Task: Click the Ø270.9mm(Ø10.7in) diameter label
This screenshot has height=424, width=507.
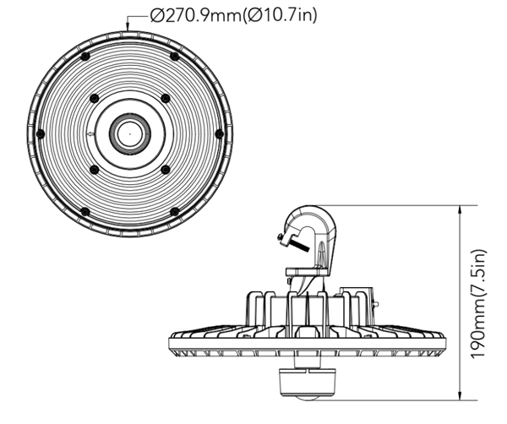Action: point(234,15)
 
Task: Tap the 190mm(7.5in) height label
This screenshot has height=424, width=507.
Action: point(478,303)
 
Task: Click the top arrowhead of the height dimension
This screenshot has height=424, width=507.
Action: point(461,209)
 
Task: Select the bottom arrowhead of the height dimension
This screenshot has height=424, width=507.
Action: point(461,395)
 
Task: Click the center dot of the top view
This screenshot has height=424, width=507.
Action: point(129,133)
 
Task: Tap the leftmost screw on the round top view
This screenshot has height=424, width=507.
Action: point(41,133)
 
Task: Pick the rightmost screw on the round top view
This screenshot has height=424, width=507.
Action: point(219,133)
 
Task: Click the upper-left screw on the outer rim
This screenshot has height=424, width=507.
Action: point(85,57)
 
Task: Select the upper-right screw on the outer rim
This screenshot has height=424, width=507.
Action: point(175,57)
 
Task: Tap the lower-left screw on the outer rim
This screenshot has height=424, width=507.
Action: point(85,212)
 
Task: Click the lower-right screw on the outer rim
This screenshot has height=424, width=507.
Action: point(175,212)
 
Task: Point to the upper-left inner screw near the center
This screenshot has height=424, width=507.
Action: point(94,98)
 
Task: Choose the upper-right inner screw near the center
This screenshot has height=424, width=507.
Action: point(166,98)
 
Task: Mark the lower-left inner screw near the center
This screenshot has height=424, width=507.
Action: point(94,169)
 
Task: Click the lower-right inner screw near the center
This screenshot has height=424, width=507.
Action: point(166,169)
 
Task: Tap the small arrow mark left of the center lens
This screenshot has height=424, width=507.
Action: point(91,133)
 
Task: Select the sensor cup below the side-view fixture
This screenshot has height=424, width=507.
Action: point(305,383)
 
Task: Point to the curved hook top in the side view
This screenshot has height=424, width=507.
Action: point(310,210)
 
